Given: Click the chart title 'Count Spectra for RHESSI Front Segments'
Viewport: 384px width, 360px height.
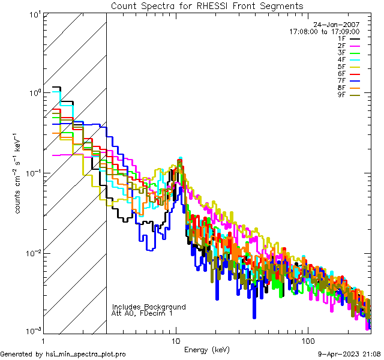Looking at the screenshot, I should pos(207,6).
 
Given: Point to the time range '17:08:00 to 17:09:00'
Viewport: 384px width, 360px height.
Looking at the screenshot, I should pos(324,31).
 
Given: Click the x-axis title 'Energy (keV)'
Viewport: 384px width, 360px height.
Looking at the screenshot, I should pos(207,349).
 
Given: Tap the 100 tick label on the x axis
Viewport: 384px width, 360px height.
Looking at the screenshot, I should pos(307,340).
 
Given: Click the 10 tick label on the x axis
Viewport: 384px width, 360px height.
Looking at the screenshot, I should pos(176,340).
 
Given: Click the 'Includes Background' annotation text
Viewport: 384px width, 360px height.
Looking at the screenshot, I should pos(149,307).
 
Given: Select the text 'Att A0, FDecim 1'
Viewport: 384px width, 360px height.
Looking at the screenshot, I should pos(142,313).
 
